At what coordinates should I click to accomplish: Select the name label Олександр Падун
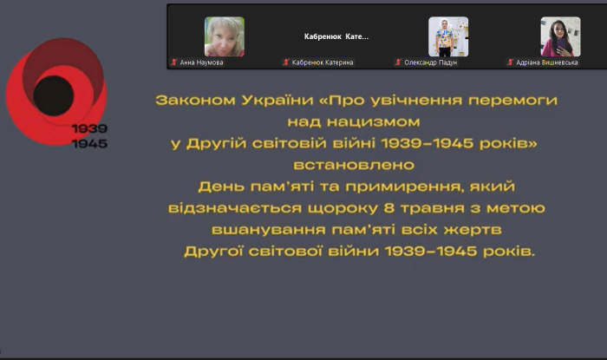click(430, 62)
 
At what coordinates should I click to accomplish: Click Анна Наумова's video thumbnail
click(224, 36)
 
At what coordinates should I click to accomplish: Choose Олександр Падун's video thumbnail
click(447, 36)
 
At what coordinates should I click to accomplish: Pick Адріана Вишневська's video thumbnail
click(560, 36)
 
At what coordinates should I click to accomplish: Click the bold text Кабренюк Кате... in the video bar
click(336, 36)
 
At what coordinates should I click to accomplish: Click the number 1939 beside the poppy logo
click(90, 128)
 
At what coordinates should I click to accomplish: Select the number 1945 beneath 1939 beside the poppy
click(90, 143)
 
